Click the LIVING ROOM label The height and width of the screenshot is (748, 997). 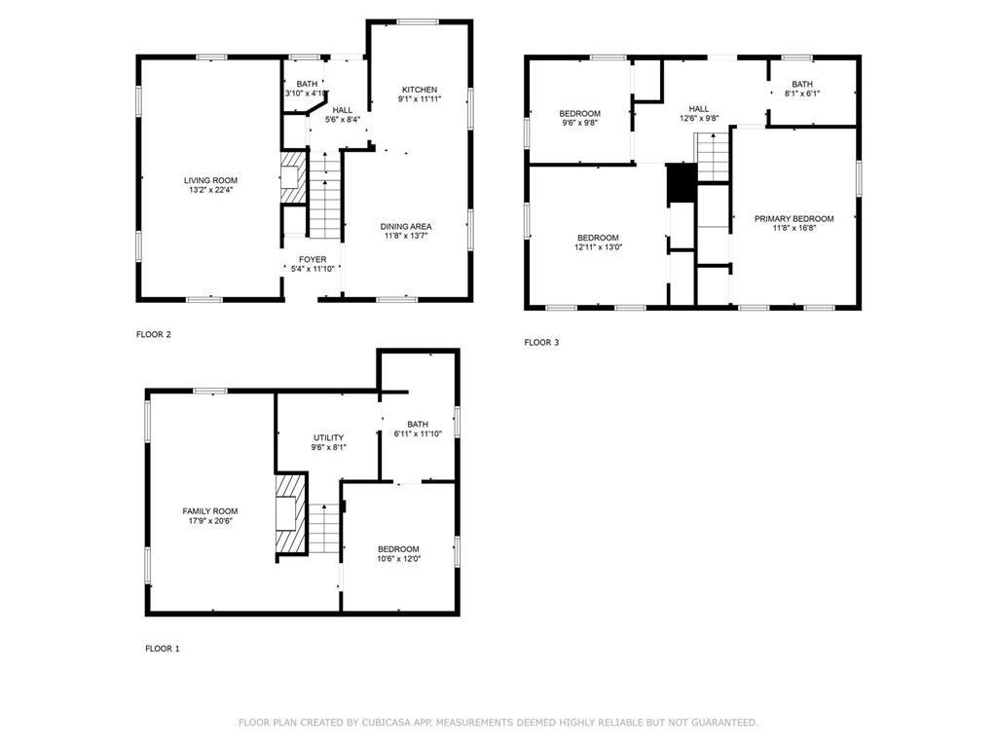[210, 180]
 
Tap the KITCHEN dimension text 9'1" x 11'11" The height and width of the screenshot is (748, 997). [420, 99]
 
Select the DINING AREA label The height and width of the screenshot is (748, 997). [406, 226]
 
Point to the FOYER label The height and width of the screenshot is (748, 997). [313, 259]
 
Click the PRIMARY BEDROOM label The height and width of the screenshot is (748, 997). [794, 219]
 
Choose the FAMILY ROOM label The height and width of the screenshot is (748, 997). [210, 511]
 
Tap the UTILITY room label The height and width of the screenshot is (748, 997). [329, 437]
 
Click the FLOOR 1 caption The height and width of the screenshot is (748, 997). [163, 649]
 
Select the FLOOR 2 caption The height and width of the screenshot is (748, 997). [154, 335]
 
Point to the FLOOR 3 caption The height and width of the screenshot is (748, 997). [541, 342]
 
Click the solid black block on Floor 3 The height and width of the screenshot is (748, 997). [682, 183]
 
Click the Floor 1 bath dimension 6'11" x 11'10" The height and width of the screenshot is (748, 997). [418, 433]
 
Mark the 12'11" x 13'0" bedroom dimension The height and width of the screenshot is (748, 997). [599, 247]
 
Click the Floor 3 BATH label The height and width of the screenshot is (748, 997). [802, 84]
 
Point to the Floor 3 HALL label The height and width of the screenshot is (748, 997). [699, 109]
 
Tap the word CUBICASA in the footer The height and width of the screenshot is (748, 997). [386, 723]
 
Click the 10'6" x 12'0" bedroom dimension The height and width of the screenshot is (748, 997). [398, 559]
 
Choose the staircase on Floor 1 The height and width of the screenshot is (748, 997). [324, 528]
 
